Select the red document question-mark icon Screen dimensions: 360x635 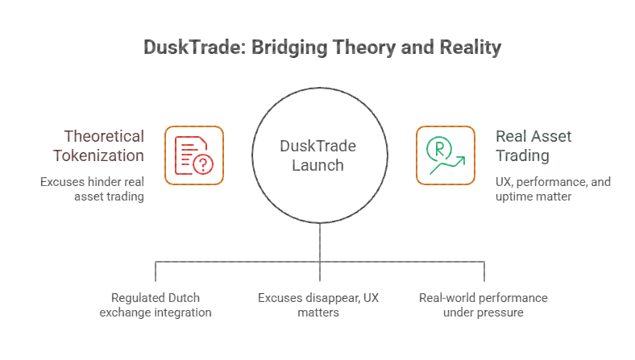194,155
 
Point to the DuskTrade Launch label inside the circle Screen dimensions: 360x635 317,155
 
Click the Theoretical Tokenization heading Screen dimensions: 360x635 104,146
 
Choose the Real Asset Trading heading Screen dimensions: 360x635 533,146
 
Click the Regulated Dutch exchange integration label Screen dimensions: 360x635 156,304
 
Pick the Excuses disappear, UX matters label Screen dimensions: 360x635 317,304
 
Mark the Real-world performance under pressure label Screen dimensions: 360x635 483,304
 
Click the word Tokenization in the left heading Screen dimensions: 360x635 103,155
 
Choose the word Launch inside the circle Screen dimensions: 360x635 317,165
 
